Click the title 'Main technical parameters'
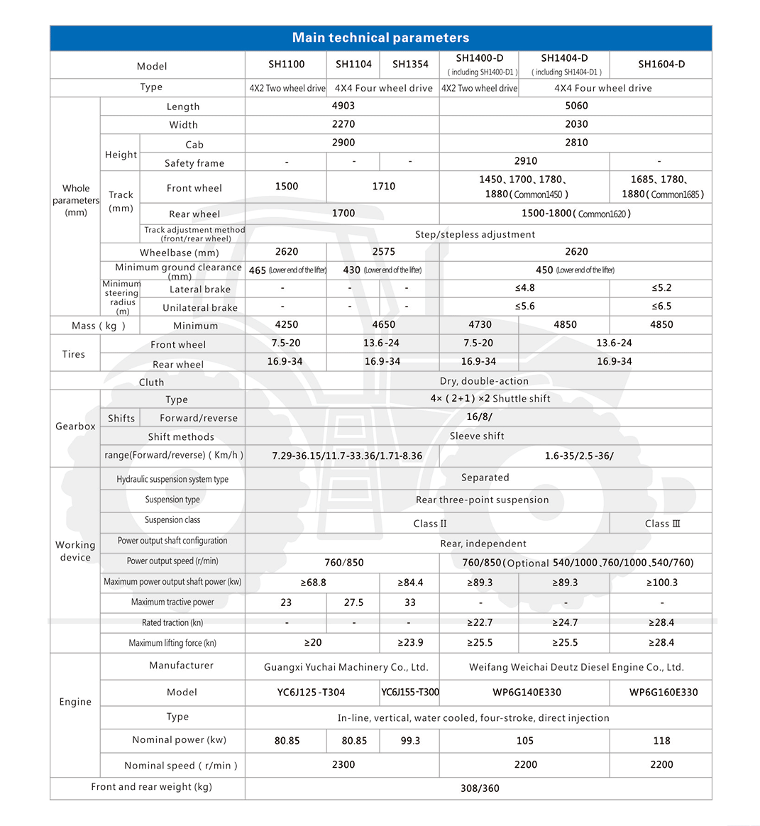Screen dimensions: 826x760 coord(380,38)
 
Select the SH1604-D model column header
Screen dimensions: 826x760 coord(661,65)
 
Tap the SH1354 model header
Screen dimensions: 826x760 coord(410,65)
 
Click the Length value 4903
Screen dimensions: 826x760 coord(343,106)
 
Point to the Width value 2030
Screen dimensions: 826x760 coord(575,124)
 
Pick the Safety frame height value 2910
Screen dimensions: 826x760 coord(525,161)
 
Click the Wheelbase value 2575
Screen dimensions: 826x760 coord(383,252)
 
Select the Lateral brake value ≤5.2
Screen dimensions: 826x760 coord(661,288)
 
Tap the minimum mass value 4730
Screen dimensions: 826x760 coord(480,325)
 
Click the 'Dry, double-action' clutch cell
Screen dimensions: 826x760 coord(484,381)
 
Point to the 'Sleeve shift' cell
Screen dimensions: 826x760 coord(477,436)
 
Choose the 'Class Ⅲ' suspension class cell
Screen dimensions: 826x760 coord(661,524)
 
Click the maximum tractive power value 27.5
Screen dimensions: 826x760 coord(353,602)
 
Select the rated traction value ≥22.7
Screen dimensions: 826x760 coord(480,622)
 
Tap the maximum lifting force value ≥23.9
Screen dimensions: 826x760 coord(410,643)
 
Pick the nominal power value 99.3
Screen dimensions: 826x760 coord(410,741)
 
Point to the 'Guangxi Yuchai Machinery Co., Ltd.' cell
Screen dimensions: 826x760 coord(346,667)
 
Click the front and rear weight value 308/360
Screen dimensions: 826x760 coord(480,788)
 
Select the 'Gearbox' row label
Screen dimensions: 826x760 coord(75,426)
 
